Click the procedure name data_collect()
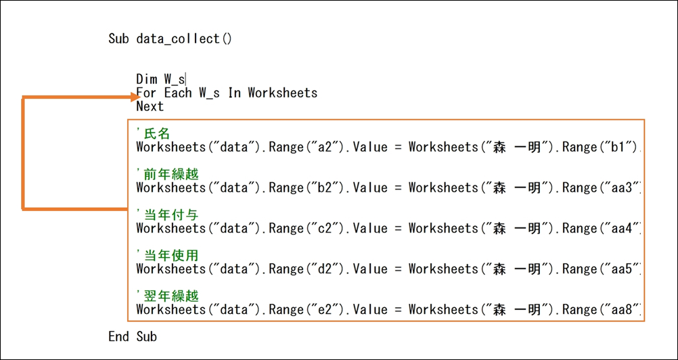point(184,39)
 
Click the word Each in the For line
point(178,93)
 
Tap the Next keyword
point(150,106)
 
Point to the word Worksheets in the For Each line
point(282,93)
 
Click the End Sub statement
point(133,336)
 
